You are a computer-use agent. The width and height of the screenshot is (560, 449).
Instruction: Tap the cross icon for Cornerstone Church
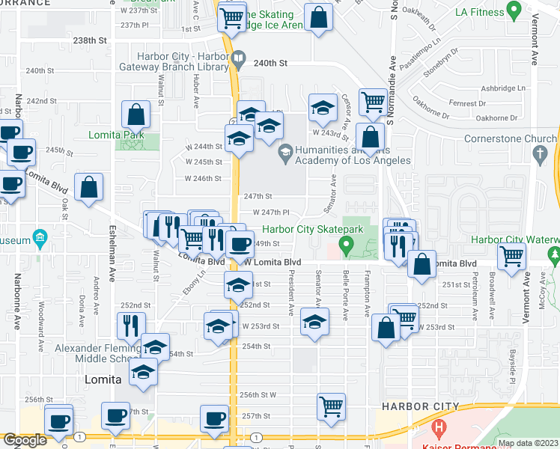(540, 155)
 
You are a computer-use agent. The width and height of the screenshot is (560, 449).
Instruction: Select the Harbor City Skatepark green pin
(345, 244)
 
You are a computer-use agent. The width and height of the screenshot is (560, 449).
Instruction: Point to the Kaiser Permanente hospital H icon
(439, 430)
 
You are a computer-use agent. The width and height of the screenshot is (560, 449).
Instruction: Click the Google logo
(25, 441)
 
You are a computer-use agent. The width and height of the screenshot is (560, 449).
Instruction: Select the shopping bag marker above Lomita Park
(137, 115)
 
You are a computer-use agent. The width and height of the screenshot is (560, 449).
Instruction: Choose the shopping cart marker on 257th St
(331, 407)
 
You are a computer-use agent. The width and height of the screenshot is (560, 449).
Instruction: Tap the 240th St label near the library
(270, 64)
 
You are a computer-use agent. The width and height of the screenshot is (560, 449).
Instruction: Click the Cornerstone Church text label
(510, 138)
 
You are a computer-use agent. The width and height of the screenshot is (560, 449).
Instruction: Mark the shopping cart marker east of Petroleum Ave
(511, 257)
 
